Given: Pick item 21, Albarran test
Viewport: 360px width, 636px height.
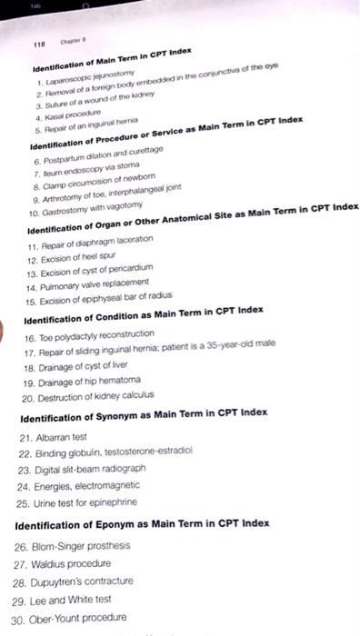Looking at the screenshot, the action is click(x=66, y=437).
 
